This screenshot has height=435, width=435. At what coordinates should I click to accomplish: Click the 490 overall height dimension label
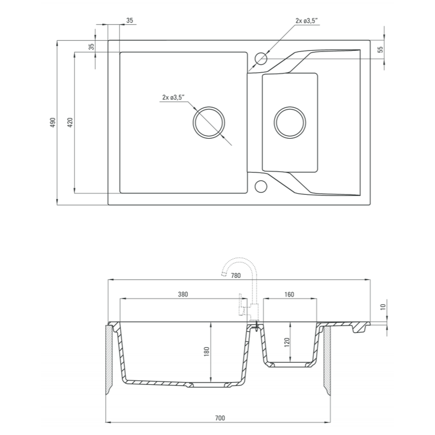pyautogui.click(x=53, y=122)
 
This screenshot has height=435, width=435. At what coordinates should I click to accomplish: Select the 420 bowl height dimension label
pyautogui.click(x=70, y=122)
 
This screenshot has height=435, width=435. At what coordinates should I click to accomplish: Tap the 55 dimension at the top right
pyautogui.click(x=380, y=50)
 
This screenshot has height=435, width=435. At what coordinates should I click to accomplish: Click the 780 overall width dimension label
pyautogui.click(x=236, y=275)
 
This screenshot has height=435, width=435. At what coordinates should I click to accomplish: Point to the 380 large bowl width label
pyautogui.click(x=183, y=294)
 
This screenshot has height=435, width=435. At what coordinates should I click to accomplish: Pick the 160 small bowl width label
pyautogui.click(x=289, y=294)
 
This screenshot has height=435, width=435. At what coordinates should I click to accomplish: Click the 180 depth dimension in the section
pyautogui.click(x=206, y=351)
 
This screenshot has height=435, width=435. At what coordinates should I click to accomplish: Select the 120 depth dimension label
pyautogui.click(x=287, y=342)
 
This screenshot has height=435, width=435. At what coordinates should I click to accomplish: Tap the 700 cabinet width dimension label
pyautogui.click(x=220, y=418)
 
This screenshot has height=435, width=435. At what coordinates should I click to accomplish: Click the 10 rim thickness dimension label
pyautogui.click(x=383, y=307)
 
